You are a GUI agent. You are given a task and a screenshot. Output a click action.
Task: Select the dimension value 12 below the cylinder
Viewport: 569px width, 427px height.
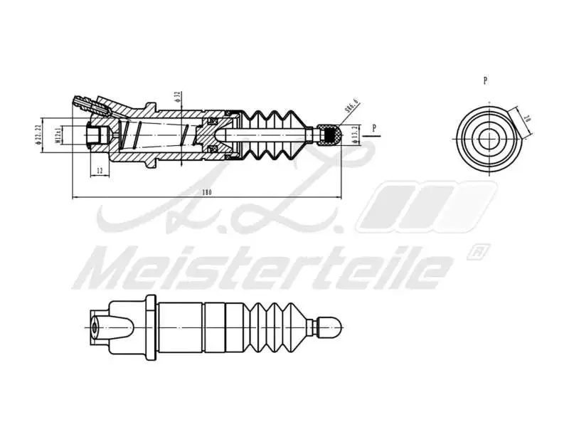point(99,171)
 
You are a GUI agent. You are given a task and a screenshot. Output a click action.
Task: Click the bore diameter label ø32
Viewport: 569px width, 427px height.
point(176,97)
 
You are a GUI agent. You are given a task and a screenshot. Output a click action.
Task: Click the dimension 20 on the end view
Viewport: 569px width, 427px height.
point(526,120)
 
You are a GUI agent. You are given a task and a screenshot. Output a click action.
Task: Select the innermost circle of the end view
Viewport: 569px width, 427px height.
point(486,137)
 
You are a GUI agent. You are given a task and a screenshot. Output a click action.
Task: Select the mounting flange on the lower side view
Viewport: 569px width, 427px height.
point(150,327)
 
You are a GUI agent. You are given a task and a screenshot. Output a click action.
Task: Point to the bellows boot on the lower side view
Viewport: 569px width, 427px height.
point(274,327)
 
